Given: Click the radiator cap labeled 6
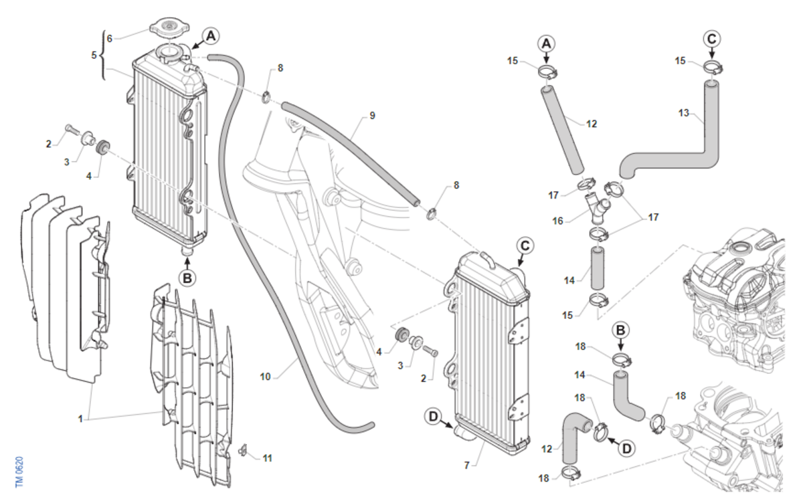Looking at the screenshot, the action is [x=169, y=27].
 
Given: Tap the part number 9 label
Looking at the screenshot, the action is [x=372, y=116].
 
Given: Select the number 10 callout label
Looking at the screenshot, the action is [x=265, y=377].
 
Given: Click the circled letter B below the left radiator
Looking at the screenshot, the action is [x=187, y=278].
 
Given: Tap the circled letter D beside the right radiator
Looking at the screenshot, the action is [x=434, y=417].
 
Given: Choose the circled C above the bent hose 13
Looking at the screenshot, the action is [x=711, y=39].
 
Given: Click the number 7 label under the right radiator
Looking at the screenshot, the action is [x=466, y=465].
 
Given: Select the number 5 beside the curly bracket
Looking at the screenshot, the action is [x=94, y=56].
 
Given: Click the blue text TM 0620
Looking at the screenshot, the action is [x=19, y=472].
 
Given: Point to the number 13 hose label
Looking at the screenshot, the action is [x=684, y=113].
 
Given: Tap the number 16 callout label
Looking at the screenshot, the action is [x=558, y=221].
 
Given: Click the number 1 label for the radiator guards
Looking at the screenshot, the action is [x=80, y=419].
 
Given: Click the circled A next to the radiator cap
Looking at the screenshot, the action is [x=211, y=36].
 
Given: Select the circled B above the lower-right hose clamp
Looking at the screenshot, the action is [x=620, y=330].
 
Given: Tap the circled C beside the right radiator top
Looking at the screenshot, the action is [x=525, y=246].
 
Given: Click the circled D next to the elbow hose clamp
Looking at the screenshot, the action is [x=626, y=448].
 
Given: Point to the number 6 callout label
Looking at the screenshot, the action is [x=110, y=38].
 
